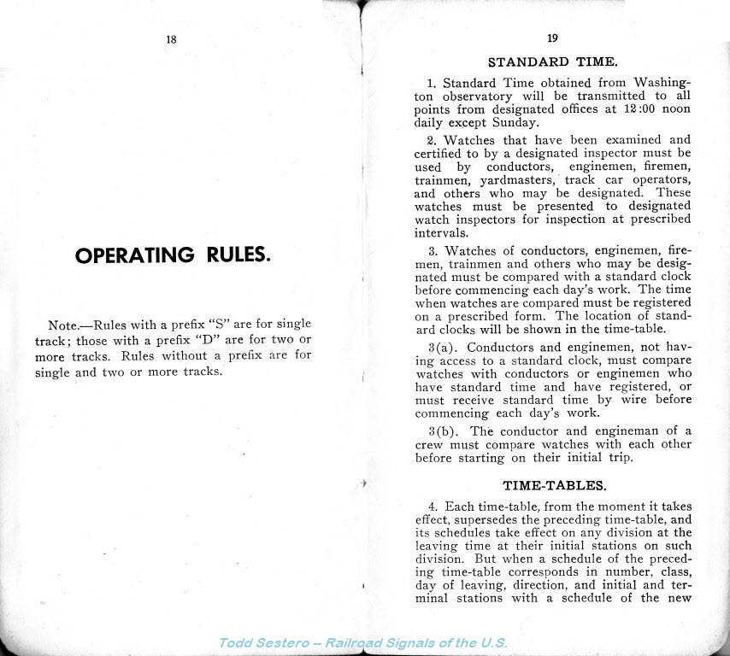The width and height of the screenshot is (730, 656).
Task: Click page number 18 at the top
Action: point(171,39)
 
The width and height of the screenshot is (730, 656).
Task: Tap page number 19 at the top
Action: point(552,38)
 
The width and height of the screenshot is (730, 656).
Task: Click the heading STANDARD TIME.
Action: point(552,62)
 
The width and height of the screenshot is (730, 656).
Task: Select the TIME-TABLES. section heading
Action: point(555,486)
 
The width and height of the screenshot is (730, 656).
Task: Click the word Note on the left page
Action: point(63,325)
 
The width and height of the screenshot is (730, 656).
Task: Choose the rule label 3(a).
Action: point(443,348)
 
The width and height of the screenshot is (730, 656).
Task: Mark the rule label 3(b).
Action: point(443,430)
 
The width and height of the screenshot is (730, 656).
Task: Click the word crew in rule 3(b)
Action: point(429,445)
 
